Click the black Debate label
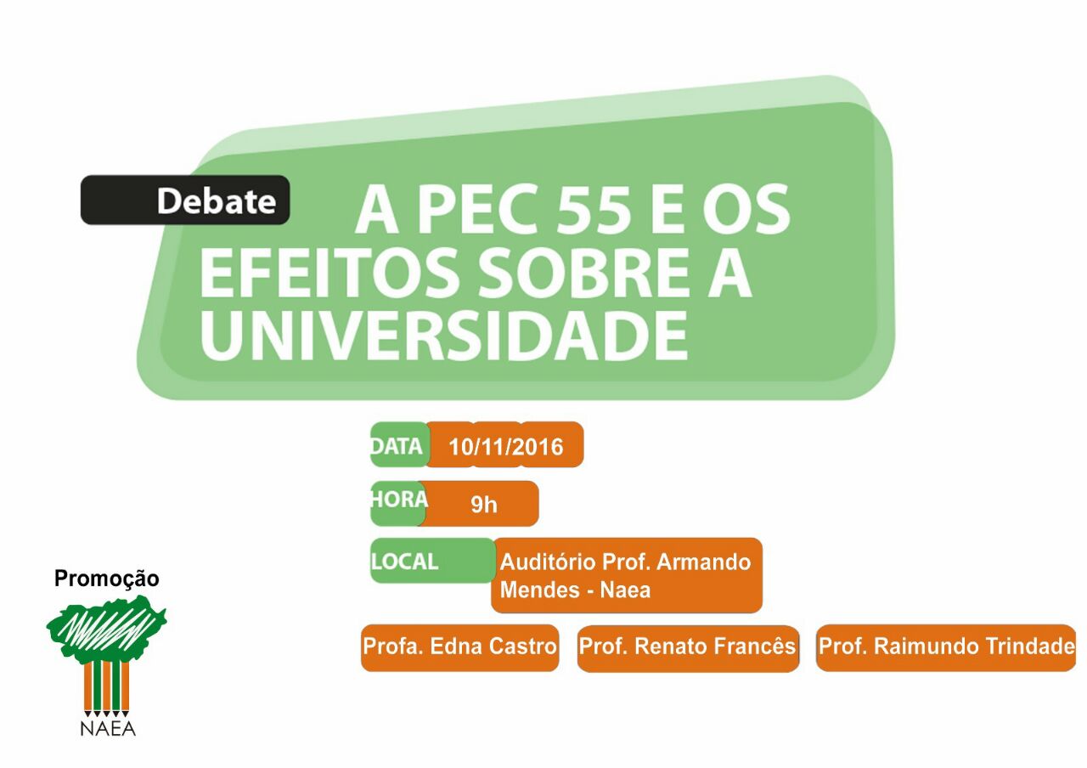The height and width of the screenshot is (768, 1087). point(185,200)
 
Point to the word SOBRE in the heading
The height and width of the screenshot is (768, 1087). point(584,273)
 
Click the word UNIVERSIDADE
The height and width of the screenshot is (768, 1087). point(443,335)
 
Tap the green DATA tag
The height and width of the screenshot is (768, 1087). point(399,444)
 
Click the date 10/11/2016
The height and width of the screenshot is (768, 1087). point(505,447)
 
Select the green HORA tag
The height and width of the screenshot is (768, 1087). point(398,503)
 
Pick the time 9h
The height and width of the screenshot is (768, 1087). point(484,505)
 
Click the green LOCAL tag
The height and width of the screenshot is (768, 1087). point(433,560)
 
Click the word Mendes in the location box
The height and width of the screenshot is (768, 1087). point(539,590)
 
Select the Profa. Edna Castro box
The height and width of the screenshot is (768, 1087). point(459,647)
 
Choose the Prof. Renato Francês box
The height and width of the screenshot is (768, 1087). point(688,647)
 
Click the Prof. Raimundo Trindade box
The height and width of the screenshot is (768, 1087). point(946,647)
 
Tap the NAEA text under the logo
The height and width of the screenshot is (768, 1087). point(108,729)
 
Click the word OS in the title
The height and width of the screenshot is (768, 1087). point(746,210)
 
